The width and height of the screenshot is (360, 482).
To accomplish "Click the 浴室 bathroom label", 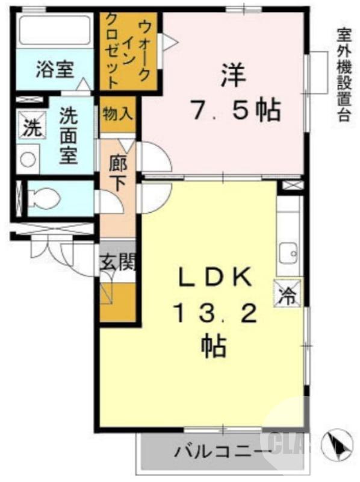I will pos(54,70).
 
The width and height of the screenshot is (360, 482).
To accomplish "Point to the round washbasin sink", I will pos(28,159).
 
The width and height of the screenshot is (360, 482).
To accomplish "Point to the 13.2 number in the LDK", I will pos(215,313).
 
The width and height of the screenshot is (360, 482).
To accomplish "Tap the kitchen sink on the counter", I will pos(288,253).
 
